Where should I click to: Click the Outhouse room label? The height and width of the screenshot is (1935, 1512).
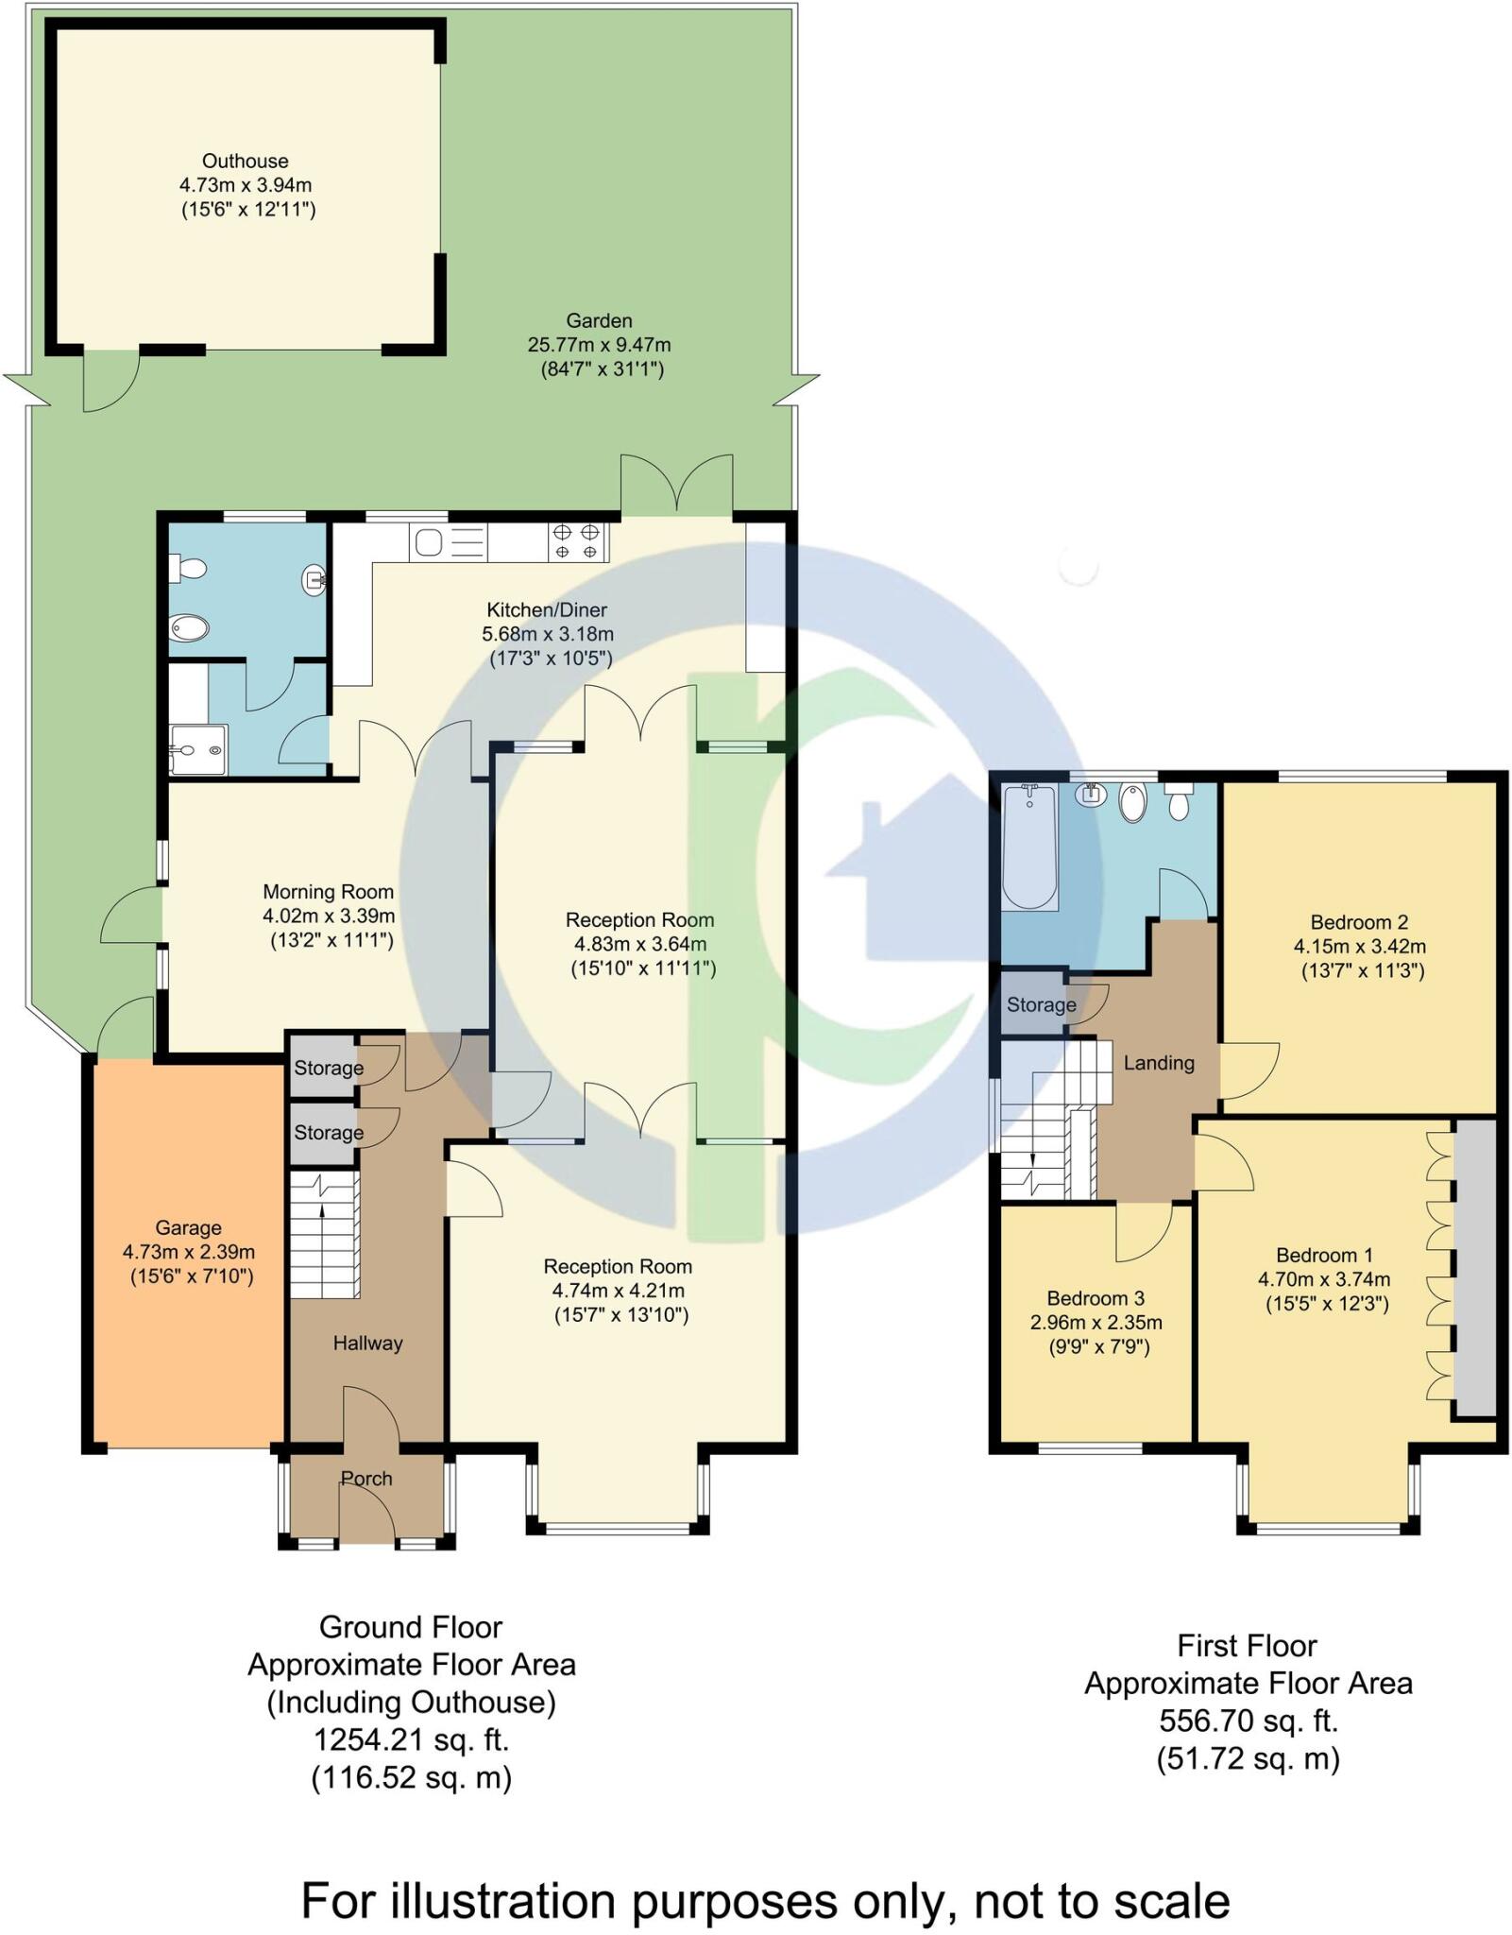coord(245,162)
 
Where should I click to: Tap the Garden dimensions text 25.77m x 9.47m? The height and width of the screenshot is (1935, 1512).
coord(599,346)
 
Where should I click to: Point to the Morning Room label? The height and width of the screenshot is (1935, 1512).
coord(328,892)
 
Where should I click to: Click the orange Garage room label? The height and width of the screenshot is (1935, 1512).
coord(188,1228)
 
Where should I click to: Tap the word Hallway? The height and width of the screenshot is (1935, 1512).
coord(367,1344)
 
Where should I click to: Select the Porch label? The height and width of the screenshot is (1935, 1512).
coord(366,1479)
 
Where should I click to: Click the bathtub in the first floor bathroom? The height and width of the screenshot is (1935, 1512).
coord(1029,847)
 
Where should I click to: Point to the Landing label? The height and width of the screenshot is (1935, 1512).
coord(1159,1063)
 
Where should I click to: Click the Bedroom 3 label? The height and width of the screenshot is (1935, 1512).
coord(1095,1299)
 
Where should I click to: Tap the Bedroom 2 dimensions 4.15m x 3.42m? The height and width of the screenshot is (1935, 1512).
coord(1359,947)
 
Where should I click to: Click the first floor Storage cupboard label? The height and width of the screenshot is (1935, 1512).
coord(1041,1005)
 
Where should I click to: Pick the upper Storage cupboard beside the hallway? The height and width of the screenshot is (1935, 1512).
coord(328,1069)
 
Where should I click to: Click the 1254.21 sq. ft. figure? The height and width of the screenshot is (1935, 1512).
coord(411,1740)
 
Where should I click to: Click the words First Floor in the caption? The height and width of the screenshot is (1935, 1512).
coord(1247,1646)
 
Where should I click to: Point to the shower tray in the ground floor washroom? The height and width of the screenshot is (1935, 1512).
coord(198,750)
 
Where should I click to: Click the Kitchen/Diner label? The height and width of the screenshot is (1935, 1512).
coord(547,610)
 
